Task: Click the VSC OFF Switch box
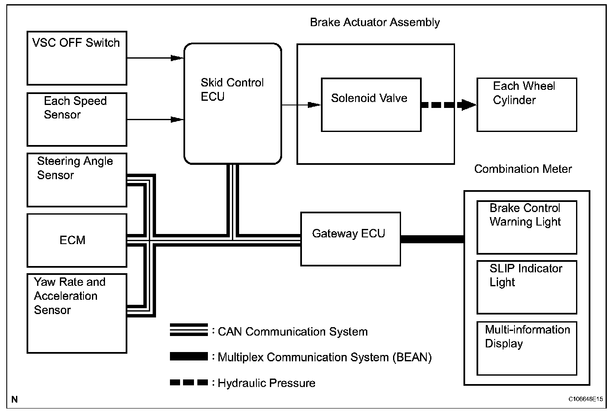click(x=77, y=58)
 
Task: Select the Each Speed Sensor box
click(x=77, y=119)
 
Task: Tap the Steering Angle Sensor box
click(x=77, y=180)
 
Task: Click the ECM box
click(x=77, y=240)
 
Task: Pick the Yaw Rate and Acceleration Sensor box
click(x=77, y=313)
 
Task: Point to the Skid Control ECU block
click(x=233, y=104)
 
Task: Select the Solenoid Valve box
click(x=371, y=105)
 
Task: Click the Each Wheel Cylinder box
click(x=527, y=105)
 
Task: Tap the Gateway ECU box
click(x=350, y=239)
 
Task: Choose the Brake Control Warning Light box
click(x=527, y=227)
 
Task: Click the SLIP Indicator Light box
click(x=527, y=288)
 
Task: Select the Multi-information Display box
click(x=527, y=349)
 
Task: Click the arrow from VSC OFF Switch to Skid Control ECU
click(x=156, y=58)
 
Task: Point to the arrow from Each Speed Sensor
click(x=156, y=119)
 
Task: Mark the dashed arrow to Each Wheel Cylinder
click(x=449, y=105)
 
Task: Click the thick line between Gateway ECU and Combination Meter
click(x=432, y=239)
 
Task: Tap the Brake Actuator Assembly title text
click(x=375, y=22)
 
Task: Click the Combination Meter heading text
click(x=523, y=169)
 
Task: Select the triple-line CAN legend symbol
click(x=189, y=330)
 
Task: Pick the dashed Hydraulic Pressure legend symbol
click(x=189, y=382)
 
